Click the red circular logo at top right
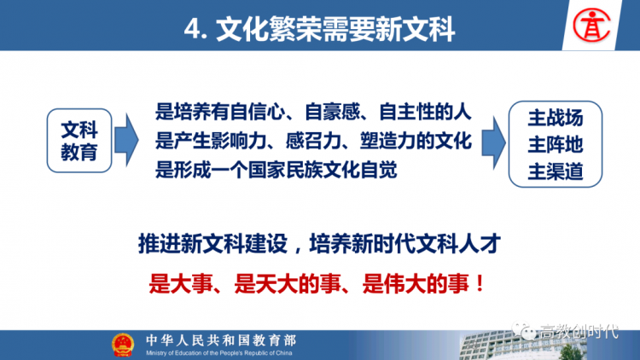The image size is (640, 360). point(591,26)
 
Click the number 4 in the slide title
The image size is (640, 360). point(192,29)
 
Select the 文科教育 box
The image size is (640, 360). point(79,141)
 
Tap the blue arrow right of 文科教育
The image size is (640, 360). point(126,140)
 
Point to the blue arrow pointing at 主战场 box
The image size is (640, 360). point(493,142)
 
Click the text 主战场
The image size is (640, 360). point(556,118)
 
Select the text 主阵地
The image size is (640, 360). point(556,144)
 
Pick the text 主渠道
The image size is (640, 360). point(556,171)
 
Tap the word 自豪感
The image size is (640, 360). point(332,112)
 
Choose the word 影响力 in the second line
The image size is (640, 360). point(239,141)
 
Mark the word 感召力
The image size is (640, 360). point(313,141)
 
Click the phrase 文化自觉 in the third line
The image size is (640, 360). point(360,170)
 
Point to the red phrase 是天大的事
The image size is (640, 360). point(288,283)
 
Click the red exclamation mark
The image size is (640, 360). point(480,283)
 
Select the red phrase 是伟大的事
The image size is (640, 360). point(416,283)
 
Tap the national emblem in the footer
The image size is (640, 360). point(123,345)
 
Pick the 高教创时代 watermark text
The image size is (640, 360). point(579,331)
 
